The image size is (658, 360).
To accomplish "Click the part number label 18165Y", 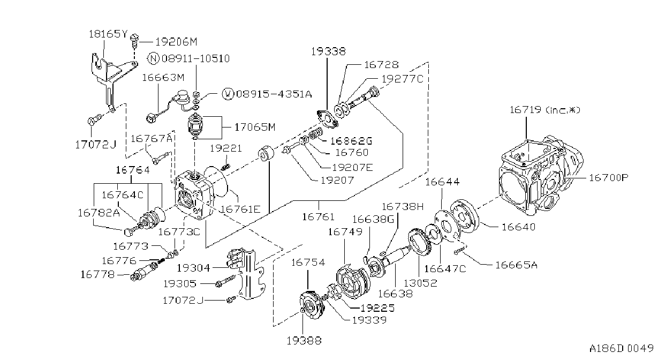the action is [108, 34].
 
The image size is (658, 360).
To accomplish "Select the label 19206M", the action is [176, 42].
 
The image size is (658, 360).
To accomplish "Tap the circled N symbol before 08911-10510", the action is [153, 58].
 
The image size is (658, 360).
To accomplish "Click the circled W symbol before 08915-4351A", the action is [228, 94].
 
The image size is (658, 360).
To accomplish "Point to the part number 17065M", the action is [255, 127].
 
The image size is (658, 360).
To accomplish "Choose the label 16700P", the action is [608, 177].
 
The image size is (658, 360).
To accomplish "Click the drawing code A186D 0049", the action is [621, 348].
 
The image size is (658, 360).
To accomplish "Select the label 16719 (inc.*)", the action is [545, 110].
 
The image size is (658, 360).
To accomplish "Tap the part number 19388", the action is [304, 341].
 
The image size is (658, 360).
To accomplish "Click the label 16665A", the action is [516, 265].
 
